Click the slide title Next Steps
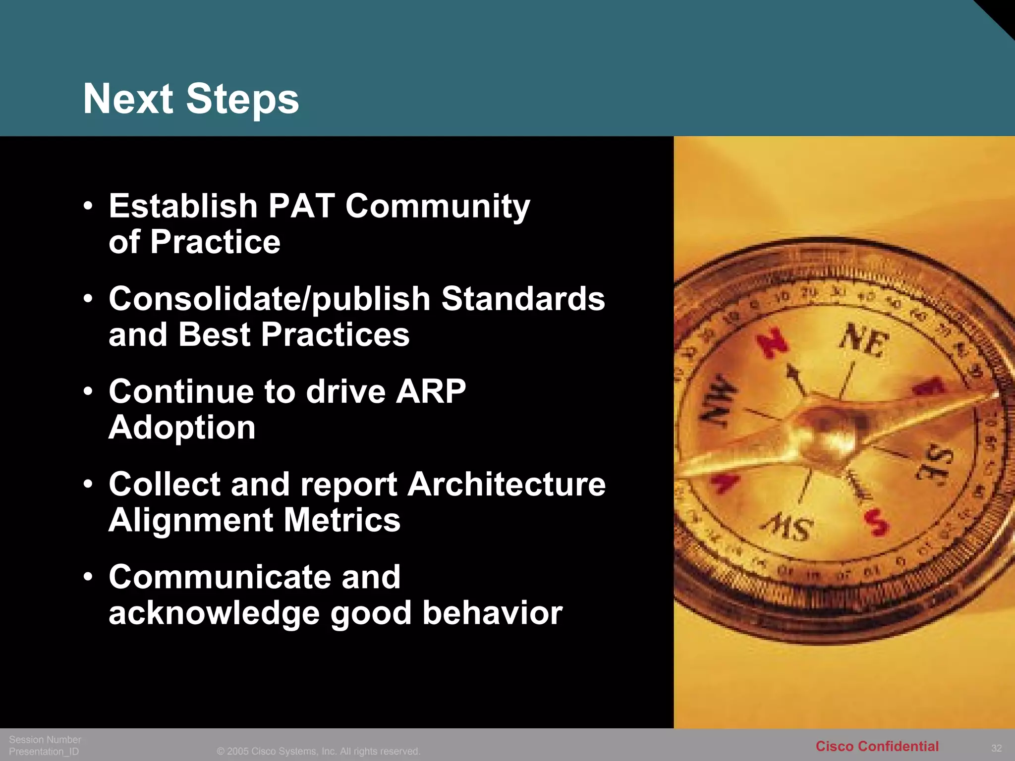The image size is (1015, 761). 191,99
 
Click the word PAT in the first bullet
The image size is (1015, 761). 301,206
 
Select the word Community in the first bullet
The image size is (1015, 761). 438,207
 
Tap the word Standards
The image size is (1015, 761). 523,299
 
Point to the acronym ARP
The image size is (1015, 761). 431,391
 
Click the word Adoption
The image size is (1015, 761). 182,428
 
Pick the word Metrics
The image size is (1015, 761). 342,520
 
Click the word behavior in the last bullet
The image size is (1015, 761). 492,613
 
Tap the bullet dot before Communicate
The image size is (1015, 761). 88,577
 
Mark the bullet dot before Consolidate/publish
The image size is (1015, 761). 88,299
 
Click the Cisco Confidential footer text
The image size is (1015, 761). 877,746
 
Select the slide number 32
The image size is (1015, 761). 996,748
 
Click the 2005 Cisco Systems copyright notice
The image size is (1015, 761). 318,752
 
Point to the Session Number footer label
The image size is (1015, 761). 45,740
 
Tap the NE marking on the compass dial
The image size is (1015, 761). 864,340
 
